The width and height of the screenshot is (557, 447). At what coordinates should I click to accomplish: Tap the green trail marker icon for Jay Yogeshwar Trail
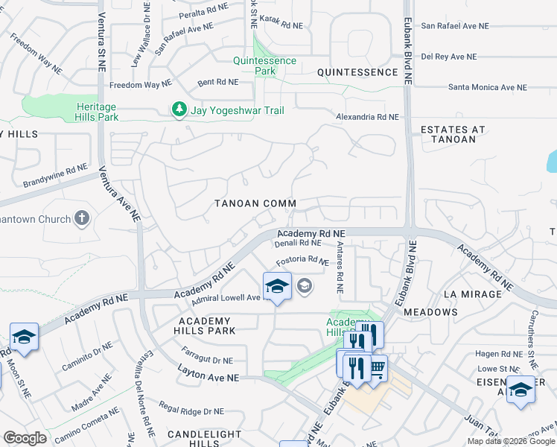[179, 110]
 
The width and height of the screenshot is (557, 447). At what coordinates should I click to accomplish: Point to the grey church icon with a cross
[82, 219]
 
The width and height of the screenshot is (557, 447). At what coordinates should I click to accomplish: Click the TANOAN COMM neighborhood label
[255, 203]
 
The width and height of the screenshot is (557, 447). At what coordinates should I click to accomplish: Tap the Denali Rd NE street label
[298, 243]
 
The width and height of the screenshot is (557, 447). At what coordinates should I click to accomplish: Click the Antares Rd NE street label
[340, 266]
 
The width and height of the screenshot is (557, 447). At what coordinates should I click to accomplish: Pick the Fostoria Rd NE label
[302, 262]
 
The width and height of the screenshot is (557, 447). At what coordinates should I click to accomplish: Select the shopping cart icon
[378, 367]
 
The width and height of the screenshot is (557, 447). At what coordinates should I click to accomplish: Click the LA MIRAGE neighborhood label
[473, 294]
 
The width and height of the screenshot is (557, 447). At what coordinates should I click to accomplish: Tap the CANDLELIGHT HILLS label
[204, 438]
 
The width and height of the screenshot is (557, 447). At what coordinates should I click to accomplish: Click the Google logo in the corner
[25, 438]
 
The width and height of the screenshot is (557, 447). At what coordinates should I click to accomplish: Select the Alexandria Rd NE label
[367, 118]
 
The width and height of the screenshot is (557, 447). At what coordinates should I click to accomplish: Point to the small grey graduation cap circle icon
[304, 285]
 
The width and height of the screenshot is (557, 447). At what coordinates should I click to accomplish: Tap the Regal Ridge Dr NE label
[191, 410]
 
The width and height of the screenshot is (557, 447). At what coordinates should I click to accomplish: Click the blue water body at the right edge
[552, 159]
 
